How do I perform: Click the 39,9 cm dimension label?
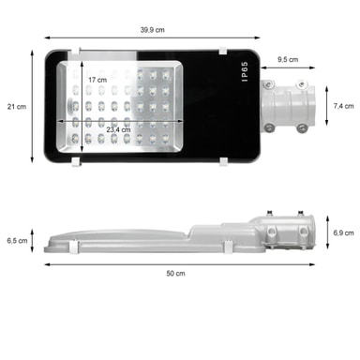coord(152,30)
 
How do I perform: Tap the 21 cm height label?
coord(17,107)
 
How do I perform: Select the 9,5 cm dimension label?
coord(288,59)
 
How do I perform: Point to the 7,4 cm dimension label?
coord(343,106)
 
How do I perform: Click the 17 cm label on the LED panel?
coord(97,80)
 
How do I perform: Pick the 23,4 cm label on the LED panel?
coord(118,129)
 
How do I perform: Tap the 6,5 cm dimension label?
coord(17,241)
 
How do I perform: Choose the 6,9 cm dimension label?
coord(343,232)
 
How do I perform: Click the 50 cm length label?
coord(175,274)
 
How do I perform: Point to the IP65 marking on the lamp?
coord(245,71)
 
